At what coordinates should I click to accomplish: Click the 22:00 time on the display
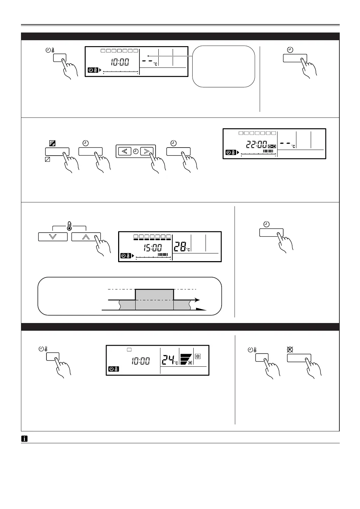(257, 144)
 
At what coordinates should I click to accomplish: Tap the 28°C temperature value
(181, 246)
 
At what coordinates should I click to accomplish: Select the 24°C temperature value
(169, 359)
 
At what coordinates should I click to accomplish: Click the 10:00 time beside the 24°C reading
(141, 361)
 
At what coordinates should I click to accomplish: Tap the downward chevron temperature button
(53, 237)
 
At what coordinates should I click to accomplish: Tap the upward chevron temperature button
(86, 237)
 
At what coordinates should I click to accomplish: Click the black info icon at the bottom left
(24, 439)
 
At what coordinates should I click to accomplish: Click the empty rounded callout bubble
(223, 66)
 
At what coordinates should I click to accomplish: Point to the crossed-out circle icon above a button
(290, 349)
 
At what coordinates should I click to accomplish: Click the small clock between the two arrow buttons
(136, 151)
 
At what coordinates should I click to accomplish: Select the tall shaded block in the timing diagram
(154, 299)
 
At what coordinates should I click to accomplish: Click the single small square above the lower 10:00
(129, 350)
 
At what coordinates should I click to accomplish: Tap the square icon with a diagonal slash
(48, 160)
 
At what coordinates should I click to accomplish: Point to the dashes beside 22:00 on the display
(285, 143)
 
